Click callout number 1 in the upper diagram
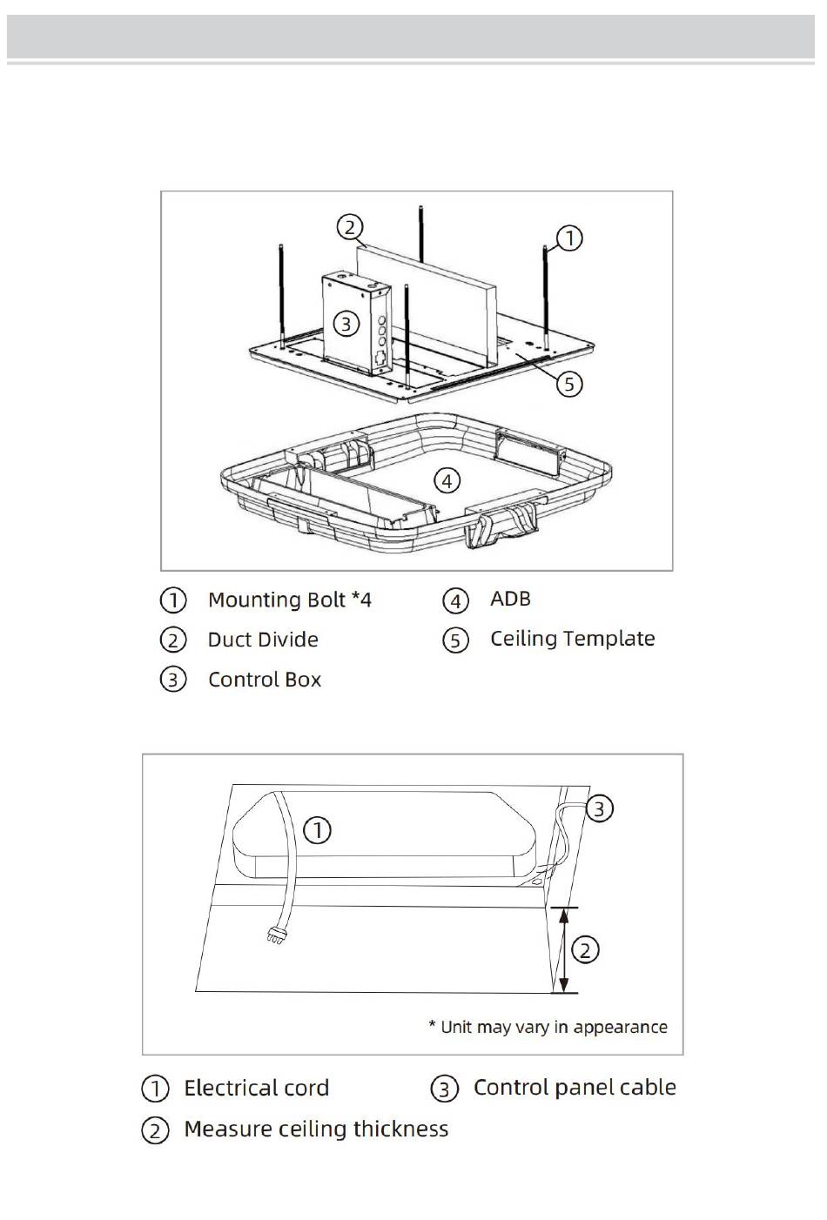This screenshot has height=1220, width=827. pos(569,238)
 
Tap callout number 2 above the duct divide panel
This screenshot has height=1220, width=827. pos(350,226)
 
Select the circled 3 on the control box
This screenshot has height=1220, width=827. pos(346,324)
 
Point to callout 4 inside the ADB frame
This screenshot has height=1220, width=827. pos(447,481)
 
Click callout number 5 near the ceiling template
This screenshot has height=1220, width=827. pos(569,384)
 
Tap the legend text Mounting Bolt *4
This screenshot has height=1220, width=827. pos(290,600)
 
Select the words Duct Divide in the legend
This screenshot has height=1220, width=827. pos(263,640)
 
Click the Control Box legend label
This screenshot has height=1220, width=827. pos(265,680)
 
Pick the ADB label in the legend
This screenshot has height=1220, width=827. pos(510,599)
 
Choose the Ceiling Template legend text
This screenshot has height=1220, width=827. pos(573,639)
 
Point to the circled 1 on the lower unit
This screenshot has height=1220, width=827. pos(317,830)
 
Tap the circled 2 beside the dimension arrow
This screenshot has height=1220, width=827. pos(585,950)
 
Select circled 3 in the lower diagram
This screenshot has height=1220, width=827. pos(599,808)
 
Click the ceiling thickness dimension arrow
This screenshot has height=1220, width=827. pos(564,950)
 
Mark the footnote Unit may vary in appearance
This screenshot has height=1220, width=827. pos(548,1027)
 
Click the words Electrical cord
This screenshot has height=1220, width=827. pos(257,1088)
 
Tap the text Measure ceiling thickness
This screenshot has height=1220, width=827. pos(317,1129)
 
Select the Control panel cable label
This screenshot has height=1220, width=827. pos(575,1087)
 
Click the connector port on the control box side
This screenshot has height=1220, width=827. pos(381,358)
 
